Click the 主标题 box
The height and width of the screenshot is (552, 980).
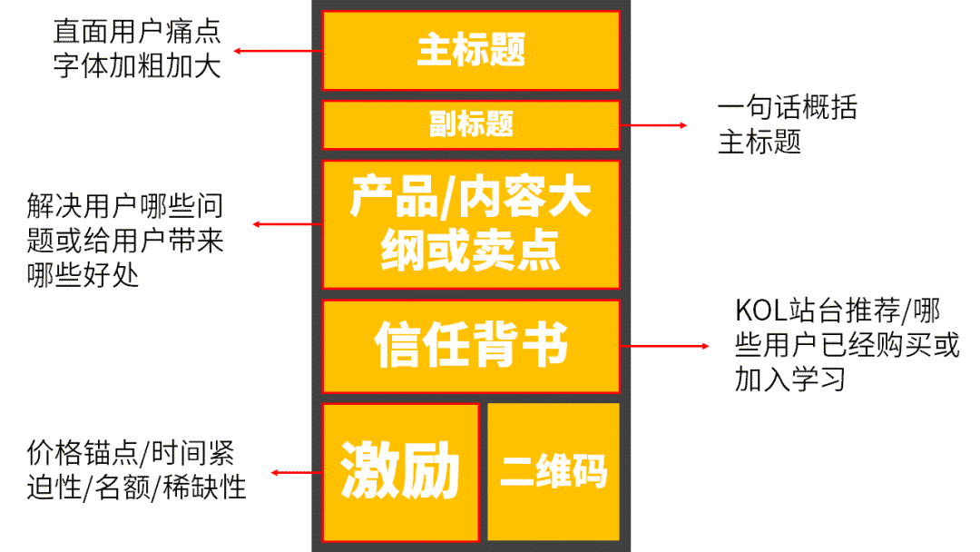[471, 50]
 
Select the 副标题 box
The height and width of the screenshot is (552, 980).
[471, 124]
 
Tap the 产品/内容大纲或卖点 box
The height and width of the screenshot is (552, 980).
[471, 224]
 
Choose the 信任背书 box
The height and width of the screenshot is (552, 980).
[471, 346]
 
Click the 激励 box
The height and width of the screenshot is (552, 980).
[400, 471]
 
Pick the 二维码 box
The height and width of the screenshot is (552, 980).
[554, 471]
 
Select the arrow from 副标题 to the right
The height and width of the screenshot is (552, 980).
[653, 124]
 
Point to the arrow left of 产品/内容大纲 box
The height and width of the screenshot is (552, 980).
[287, 224]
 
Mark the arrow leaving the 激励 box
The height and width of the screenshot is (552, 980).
[297, 472]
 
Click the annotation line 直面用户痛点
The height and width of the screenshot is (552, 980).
[136, 34]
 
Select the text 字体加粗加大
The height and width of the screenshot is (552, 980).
[136, 66]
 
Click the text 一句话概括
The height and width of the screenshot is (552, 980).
[787, 108]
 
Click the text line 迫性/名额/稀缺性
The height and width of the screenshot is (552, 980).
[136, 488]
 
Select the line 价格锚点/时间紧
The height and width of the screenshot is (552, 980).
[131, 453]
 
